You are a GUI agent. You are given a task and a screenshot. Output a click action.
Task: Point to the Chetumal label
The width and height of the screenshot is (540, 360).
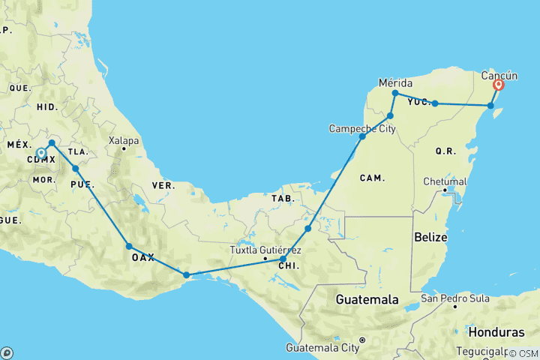[445, 181]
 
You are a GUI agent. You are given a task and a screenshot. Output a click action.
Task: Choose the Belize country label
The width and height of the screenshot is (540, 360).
[429, 237]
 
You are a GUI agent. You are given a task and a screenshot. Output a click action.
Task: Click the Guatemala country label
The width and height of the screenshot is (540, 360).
[367, 299]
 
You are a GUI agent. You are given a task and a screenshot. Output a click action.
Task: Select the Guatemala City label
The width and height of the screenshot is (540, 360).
[322, 348]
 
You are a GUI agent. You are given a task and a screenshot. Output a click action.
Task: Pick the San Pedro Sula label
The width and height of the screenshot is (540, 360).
[455, 298]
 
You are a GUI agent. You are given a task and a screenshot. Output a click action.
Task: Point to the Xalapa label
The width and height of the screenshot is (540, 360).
[124, 139]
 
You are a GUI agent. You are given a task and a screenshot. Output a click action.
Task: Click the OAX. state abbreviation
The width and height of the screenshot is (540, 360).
[142, 257]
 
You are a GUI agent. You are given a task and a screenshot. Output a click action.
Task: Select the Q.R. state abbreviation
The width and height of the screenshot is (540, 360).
[445, 151]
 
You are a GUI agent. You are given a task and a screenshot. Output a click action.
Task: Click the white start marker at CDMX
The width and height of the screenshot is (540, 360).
[41, 153]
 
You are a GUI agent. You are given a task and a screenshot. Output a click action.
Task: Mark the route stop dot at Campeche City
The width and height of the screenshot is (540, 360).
[362, 136]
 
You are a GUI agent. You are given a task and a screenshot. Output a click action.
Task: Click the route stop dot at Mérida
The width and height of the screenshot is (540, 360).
[395, 93]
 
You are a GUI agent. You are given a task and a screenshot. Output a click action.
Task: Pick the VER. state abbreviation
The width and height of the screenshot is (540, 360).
[163, 184]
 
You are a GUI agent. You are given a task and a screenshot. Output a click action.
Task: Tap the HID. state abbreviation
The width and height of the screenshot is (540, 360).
[46, 106]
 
